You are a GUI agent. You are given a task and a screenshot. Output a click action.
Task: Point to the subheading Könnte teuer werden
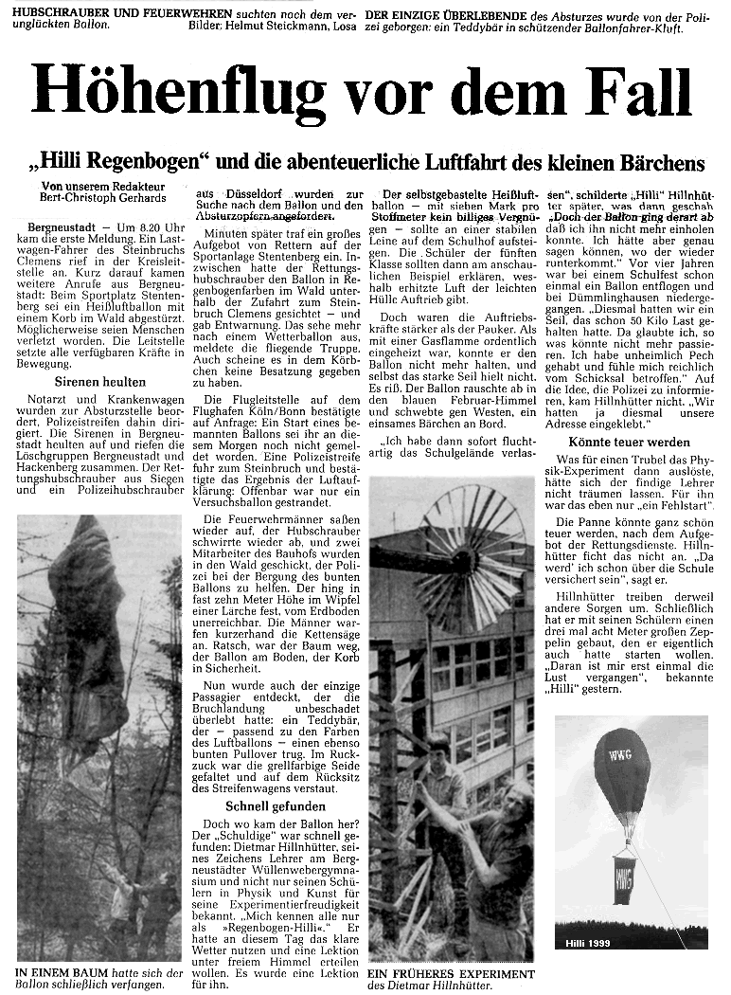point(629,443)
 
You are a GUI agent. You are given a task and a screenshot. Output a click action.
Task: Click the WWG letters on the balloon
point(620,756)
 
